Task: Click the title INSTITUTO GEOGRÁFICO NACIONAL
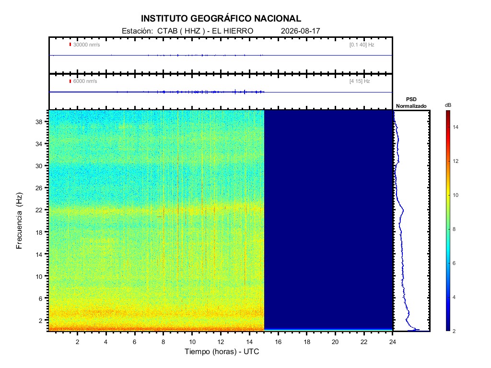click(221, 19)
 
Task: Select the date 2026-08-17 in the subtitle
click(300, 31)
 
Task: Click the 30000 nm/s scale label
click(86, 45)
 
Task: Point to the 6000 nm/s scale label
click(85, 81)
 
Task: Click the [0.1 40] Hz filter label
click(362, 45)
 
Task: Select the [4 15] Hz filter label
click(360, 81)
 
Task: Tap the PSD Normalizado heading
click(411, 103)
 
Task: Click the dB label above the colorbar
click(448, 105)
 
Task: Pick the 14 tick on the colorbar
click(456, 127)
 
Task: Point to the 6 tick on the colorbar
click(454, 263)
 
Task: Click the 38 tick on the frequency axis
click(39, 122)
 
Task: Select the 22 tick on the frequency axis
click(39, 210)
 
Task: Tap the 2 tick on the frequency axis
click(40, 321)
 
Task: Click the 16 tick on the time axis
click(278, 342)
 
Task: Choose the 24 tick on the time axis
click(393, 342)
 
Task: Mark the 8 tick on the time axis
click(163, 342)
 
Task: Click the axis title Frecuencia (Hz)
click(19, 220)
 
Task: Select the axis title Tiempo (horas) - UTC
click(222, 352)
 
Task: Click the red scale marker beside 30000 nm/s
click(70, 45)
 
